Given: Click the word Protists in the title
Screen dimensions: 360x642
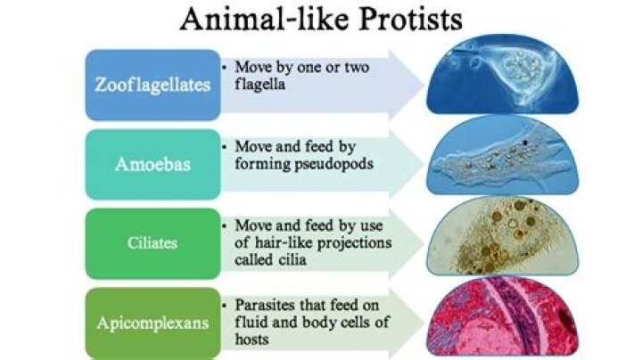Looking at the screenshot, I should [x=401, y=20].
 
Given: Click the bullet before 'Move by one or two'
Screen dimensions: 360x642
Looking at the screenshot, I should [x=226, y=67].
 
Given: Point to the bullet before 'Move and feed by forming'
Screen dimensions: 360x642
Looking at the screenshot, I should [x=226, y=146].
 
